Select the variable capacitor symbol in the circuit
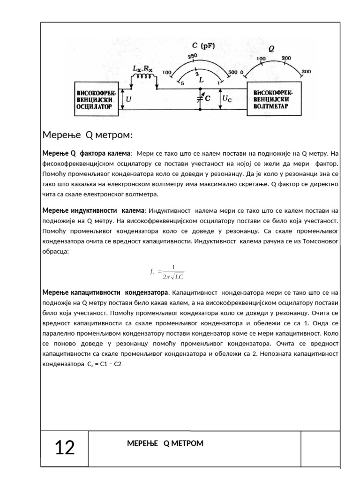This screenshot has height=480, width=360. (x=200, y=98)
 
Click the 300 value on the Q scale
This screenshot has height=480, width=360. (x=306, y=71)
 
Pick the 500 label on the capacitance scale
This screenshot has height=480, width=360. (x=232, y=73)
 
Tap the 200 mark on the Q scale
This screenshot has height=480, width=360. (x=286, y=58)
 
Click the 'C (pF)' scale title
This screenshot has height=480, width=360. (x=203, y=46)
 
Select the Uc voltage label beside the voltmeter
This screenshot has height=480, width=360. (x=226, y=99)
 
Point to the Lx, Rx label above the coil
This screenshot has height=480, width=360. (x=142, y=68)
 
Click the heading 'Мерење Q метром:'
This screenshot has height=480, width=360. (x=88, y=135)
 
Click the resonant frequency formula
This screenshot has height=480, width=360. (x=167, y=272)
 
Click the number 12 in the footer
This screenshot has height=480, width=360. (x=65, y=448)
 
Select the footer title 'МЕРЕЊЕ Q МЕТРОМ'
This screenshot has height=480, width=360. (x=165, y=443)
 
